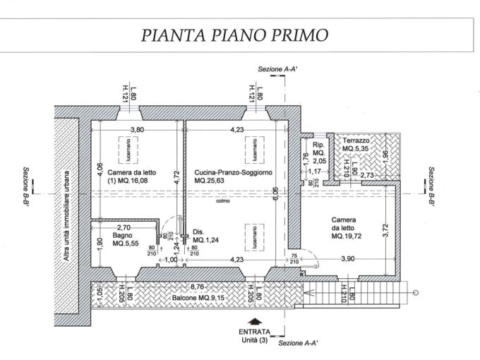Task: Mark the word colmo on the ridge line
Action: (224, 200)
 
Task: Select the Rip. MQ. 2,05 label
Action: (318, 151)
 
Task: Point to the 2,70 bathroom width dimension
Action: (124, 228)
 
